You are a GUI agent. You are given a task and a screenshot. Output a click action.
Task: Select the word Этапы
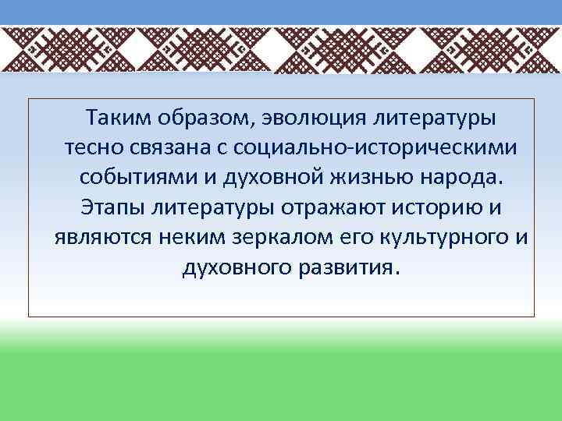105,208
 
